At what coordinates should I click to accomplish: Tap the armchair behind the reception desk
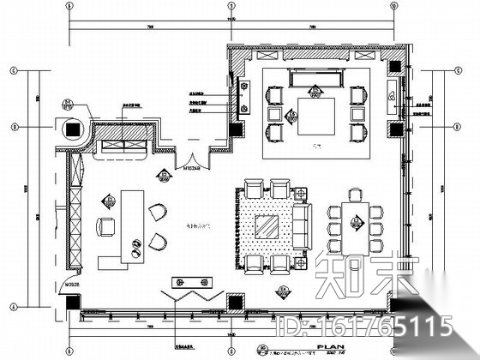point(105,226)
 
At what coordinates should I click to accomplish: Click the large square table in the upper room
point(309,114)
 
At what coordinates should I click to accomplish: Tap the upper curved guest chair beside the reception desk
point(156,211)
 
